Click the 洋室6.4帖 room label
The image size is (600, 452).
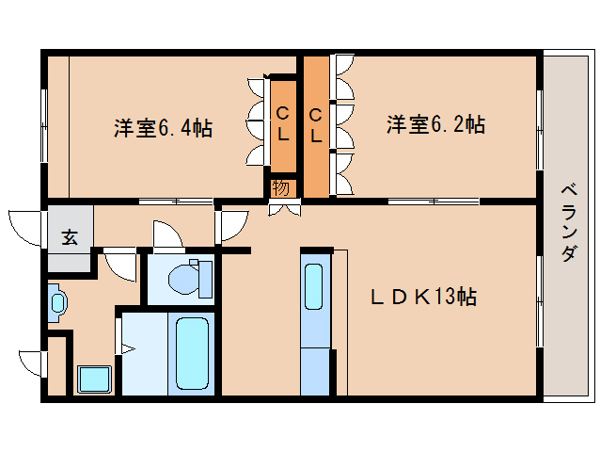[x=163, y=127]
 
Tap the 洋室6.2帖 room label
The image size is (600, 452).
[x=435, y=124]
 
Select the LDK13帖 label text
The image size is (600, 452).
[x=422, y=297]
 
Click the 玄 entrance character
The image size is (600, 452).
[x=70, y=236]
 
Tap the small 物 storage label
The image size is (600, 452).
[x=280, y=187]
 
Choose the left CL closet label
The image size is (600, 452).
[x=282, y=124]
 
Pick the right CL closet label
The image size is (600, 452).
[x=316, y=124]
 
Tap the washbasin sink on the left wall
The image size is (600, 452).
[x=57, y=302]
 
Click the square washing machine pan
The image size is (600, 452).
[x=94, y=379]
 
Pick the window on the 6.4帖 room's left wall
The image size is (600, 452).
[x=44, y=121]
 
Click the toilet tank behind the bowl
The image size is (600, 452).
[x=203, y=279]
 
